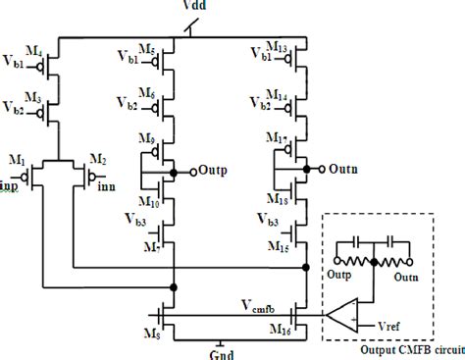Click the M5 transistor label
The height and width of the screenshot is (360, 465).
147,48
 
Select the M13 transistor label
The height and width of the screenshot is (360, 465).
278,48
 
